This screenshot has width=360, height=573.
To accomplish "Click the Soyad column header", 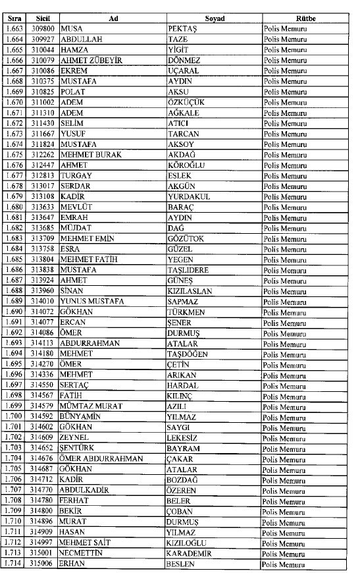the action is [x=214, y=18].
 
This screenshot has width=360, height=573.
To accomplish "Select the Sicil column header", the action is [x=43, y=18].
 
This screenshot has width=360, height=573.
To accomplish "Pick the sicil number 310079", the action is [x=43, y=61].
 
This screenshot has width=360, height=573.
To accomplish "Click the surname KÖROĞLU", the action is [x=188, y=165].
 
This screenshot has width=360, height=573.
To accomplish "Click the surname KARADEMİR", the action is [x=193, y=555].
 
